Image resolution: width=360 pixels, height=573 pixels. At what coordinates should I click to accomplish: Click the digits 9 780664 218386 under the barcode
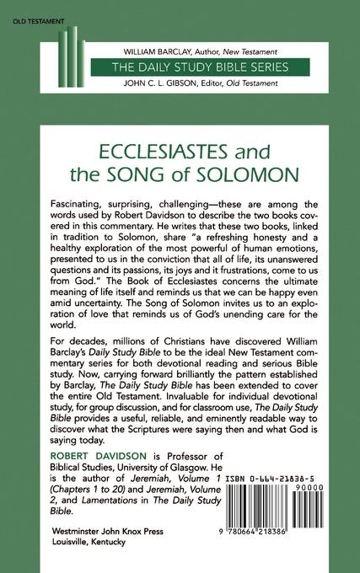[x=270, y=547]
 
